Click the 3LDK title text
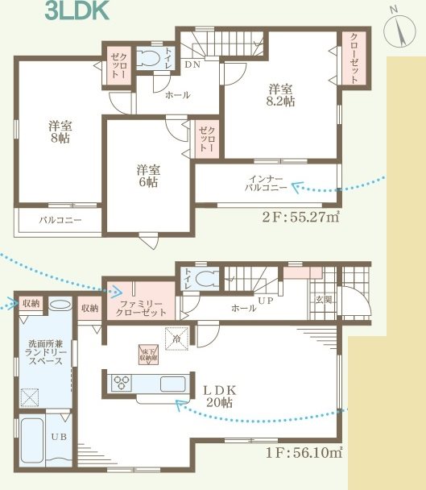73,11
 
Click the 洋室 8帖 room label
59,131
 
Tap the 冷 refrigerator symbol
177,338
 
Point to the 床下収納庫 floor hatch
147,353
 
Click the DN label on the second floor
193,64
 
